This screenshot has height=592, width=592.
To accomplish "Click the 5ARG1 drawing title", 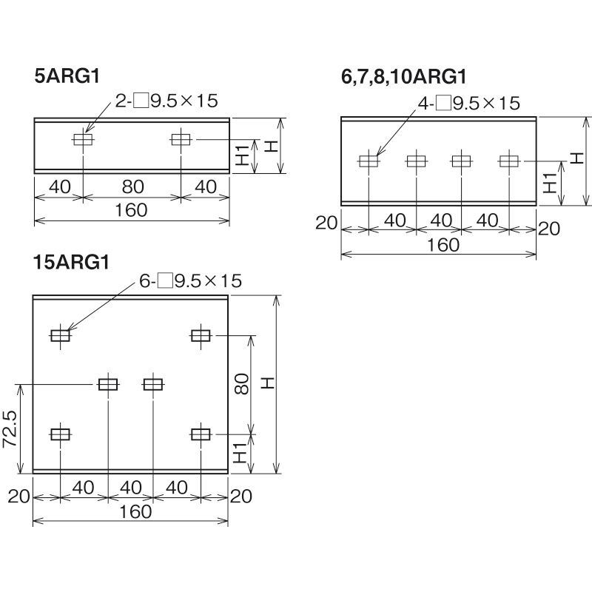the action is [x=67, y=76].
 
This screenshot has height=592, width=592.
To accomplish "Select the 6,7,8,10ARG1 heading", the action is [x=403, y=77].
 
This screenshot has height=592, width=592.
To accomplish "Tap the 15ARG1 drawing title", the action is [x=71, y=262].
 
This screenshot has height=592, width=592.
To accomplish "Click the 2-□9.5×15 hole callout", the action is [x=166, y=101].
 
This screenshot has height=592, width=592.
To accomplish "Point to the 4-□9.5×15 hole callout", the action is [x=469, y=103].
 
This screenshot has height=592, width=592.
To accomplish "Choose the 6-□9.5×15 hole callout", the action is [x=190, y=281].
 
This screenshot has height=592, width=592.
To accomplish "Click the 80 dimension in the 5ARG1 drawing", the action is [x=133, y=186].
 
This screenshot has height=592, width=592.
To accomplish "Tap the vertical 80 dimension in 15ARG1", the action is [x=242, y=384].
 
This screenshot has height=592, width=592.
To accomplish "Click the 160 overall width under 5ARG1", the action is [x=131, y=210].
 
